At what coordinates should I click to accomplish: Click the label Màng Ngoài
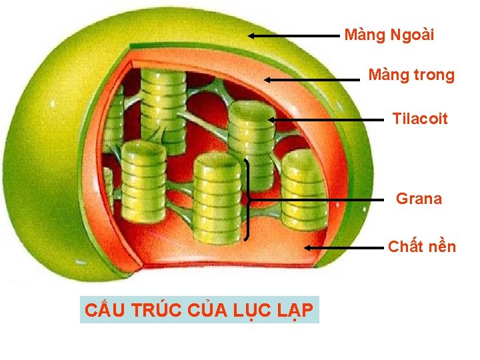click(x=389, y=35)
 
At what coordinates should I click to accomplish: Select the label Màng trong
click(x=411, y=75)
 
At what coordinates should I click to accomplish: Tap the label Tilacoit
click(x=420, y=119)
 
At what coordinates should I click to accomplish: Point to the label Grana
click(x=419, y=199)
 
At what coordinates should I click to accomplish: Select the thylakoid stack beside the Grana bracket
click(x=217, y=197)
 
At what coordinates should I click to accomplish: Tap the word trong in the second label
click(x=433, y=75)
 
